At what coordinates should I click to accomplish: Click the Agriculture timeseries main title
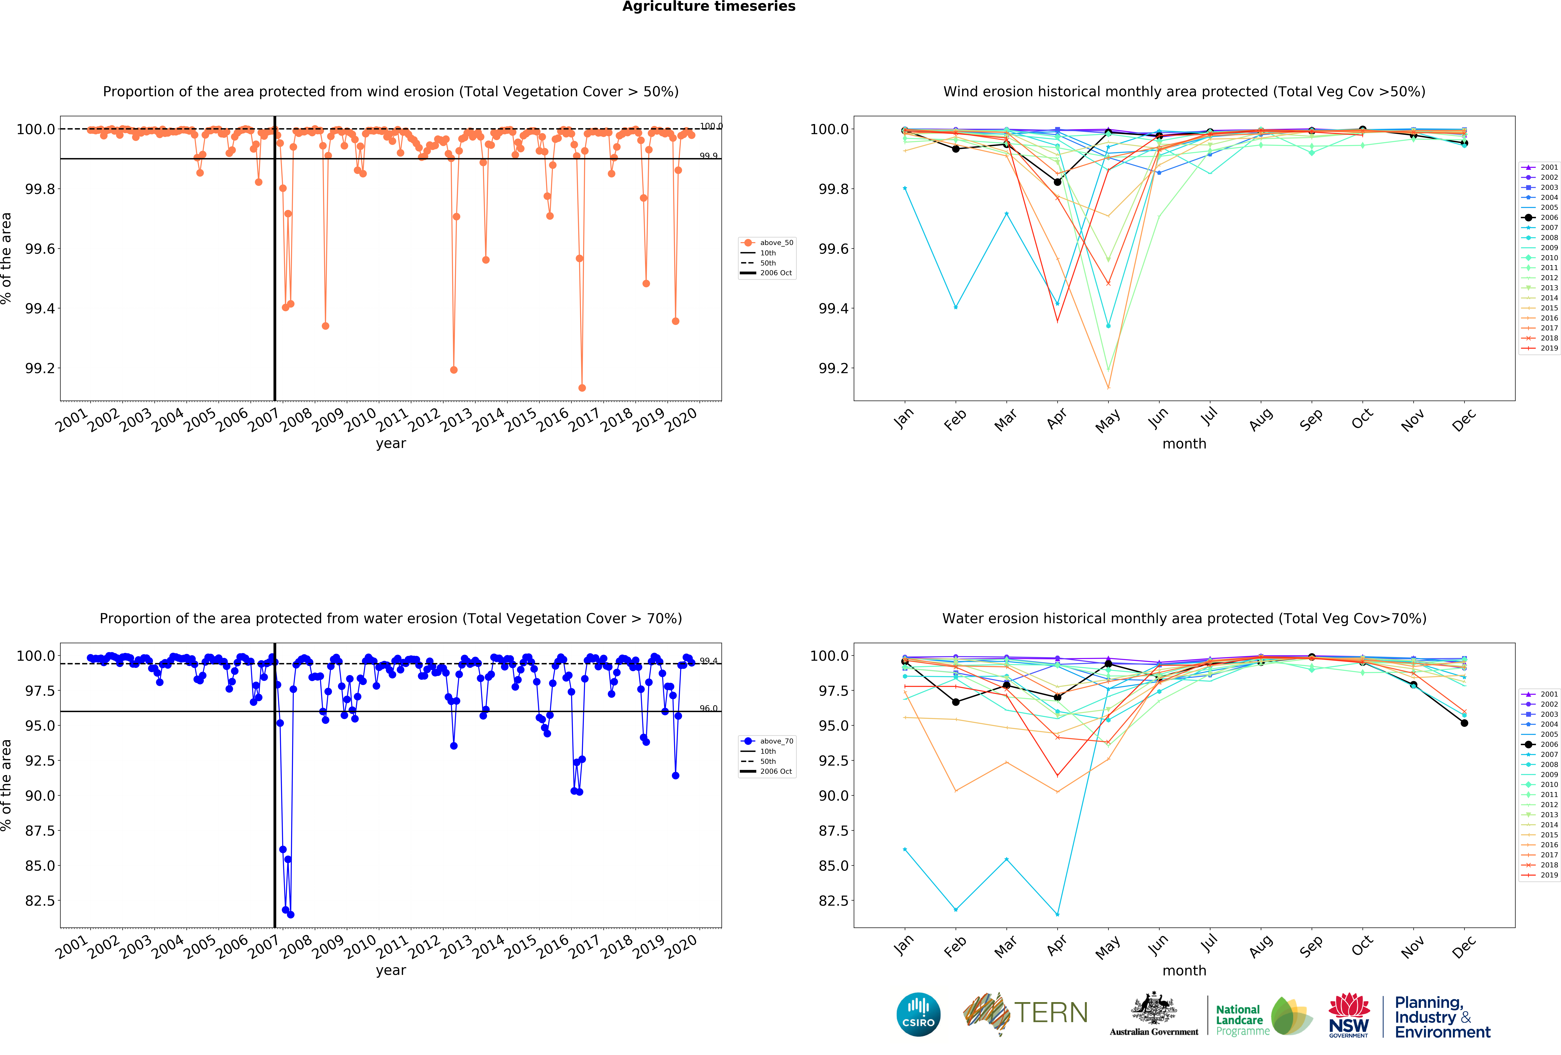[709, 7]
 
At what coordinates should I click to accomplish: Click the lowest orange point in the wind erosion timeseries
[582, 388]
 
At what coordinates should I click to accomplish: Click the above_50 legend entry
[776, 243]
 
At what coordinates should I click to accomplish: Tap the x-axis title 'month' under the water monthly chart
[1184, 970]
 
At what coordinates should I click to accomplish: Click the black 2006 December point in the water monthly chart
[1464, 723]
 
